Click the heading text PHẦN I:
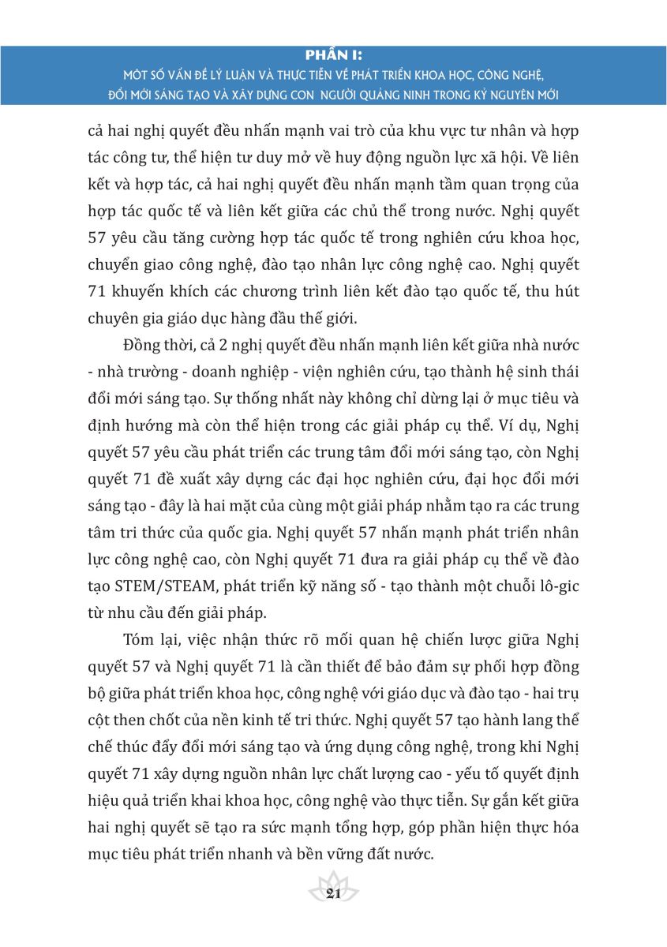[332, 55]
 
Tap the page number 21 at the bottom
[332, 893]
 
